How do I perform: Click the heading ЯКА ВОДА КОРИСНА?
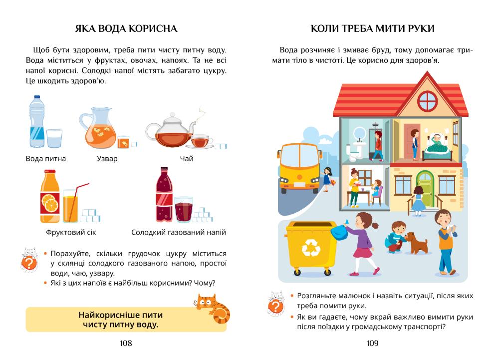[126, 28]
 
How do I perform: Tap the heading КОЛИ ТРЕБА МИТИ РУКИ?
[372, 28]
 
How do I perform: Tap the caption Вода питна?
[46, 159]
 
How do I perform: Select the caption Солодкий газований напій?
[179, 232]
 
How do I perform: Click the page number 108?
[126, 343]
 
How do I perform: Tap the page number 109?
[372, 343]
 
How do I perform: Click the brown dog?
[415, 242]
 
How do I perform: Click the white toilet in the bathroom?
[353, 153]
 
